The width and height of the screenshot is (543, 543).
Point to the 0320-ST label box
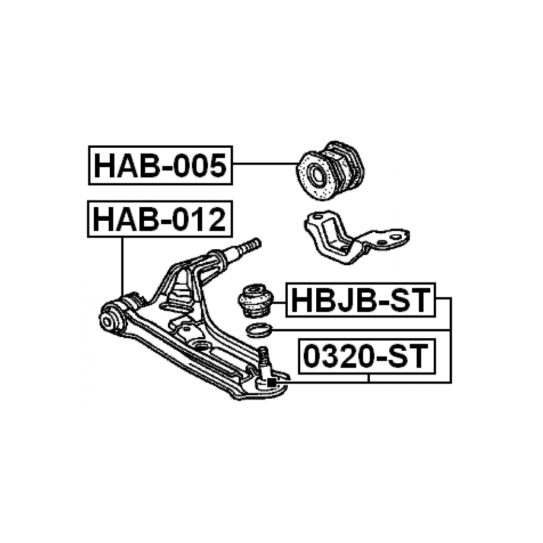[366, 355]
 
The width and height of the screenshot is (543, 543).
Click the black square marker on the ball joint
[271, 383]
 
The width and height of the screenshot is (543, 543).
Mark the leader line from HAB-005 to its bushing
[264, 164]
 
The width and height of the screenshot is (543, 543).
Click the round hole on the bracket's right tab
[394, 237]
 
